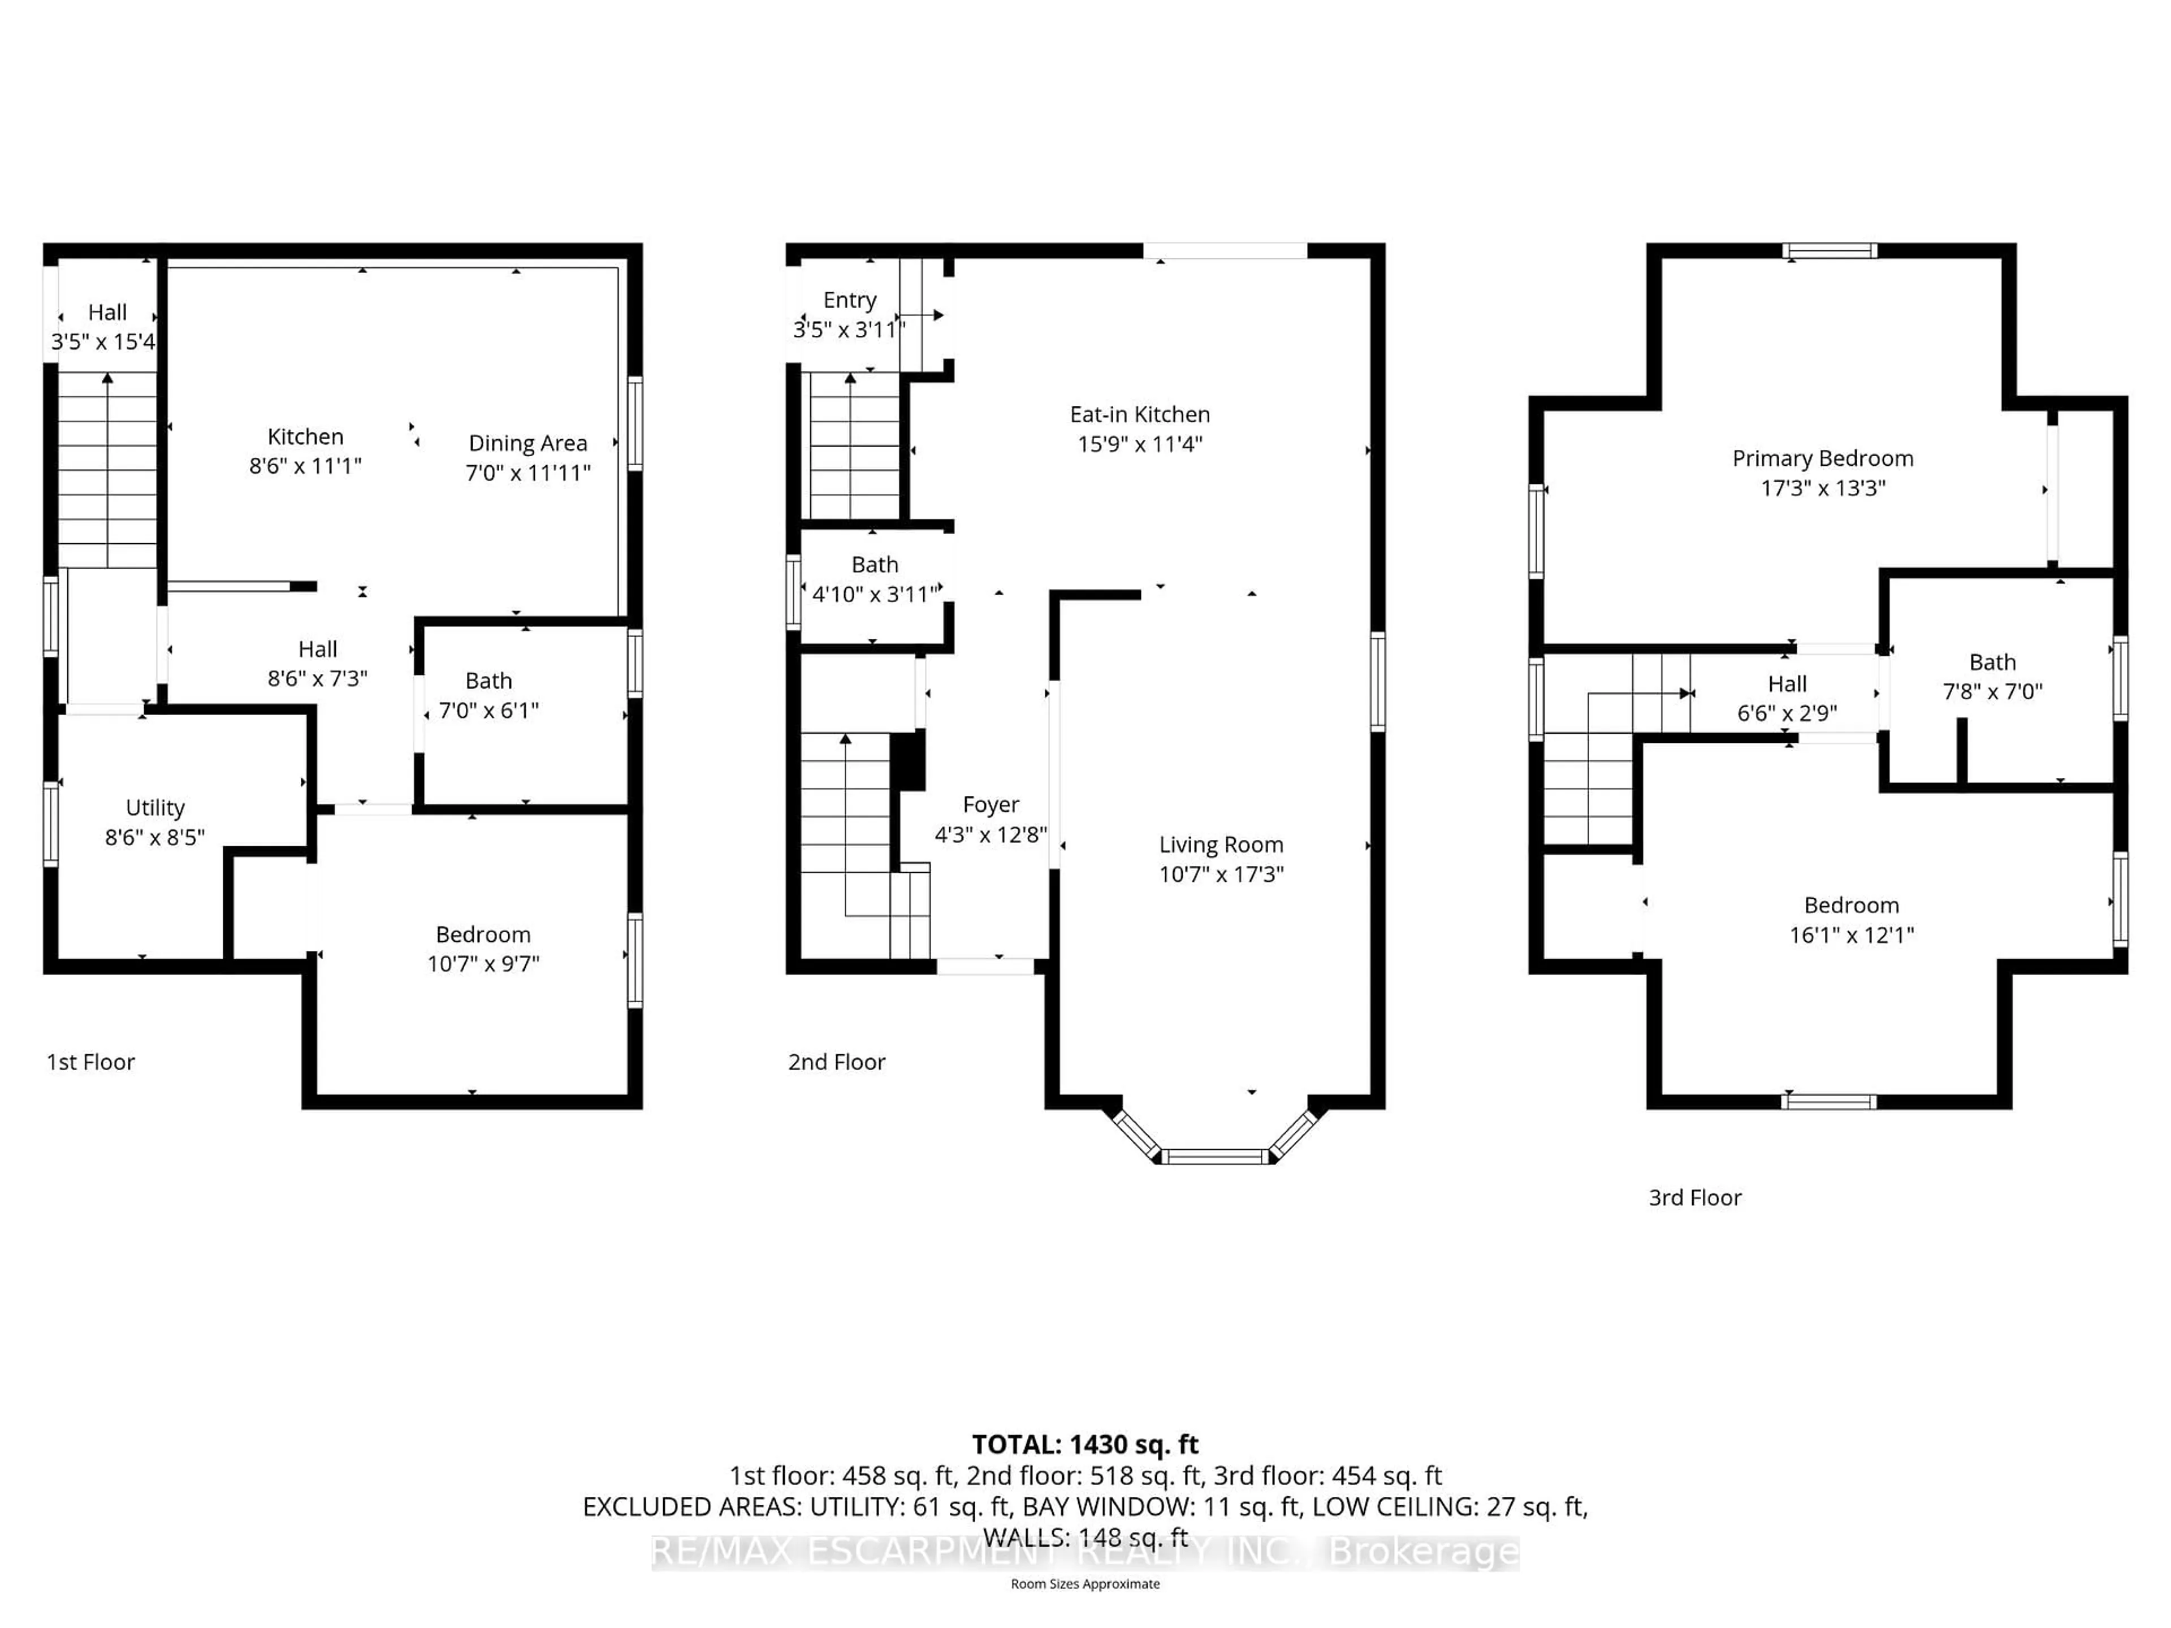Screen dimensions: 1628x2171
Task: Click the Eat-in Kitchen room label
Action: click(x=1139, y=414)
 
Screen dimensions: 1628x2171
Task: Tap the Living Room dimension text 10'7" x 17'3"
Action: click(x=1221, y=874)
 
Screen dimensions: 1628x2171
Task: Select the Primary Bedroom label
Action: click(x=1823, y=458)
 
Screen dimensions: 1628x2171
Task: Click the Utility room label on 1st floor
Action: click(x=155, y=808)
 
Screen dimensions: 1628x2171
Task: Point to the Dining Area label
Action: click(x=528, y=444)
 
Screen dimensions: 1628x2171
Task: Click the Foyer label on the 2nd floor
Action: click(x=991, y=805)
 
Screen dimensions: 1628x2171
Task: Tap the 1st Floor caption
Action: click(x=90, y=1062)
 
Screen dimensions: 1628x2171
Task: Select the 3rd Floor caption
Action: click(x=1695, y=1197)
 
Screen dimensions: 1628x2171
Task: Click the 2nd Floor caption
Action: click(x=836, y=1062)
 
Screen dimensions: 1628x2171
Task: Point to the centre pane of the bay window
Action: click(x=1215, y=1157)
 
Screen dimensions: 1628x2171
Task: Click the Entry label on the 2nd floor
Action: click(x=850, y=300)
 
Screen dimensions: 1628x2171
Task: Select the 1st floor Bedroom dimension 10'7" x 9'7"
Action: click(x=483, y=964)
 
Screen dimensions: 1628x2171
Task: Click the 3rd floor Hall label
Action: click(x=1787, y=684)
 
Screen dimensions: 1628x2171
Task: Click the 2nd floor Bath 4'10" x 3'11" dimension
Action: click(x=875, y=594)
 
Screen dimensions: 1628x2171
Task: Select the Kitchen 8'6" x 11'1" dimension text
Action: click(x=305, y=466)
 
